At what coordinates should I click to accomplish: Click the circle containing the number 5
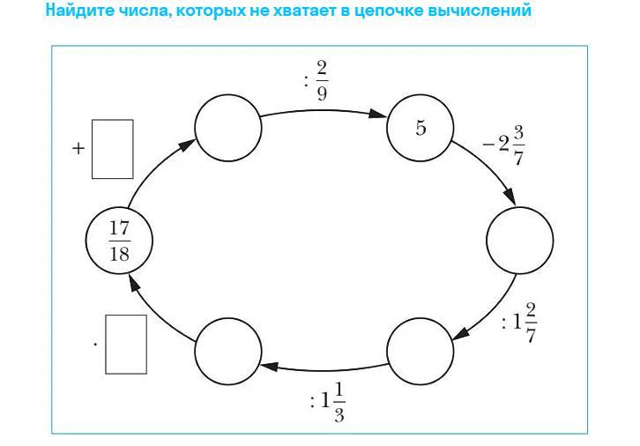point(420,129)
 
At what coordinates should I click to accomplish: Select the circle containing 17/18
point(119,239)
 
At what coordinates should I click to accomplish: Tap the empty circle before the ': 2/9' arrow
point(227,129)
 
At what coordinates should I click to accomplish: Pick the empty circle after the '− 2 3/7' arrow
point(520,239)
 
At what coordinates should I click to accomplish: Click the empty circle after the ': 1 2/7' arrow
point(420,349)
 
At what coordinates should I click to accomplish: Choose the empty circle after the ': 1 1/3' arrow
point(227,349)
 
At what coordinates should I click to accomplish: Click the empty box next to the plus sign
point(112,149)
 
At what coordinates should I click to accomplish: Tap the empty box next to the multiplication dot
point(126,344)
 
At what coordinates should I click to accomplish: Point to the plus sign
point(78,148)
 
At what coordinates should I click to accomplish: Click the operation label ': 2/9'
point(316,81)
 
